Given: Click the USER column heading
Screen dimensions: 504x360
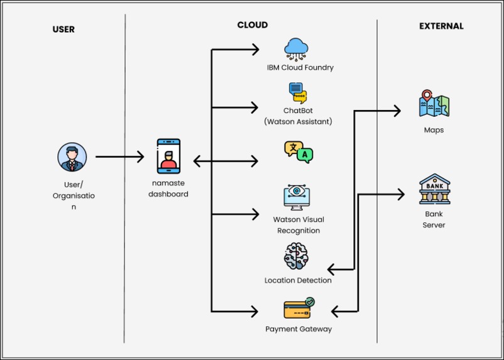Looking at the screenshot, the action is tap(63, 30).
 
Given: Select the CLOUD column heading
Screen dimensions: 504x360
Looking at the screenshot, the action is tap(253, 25).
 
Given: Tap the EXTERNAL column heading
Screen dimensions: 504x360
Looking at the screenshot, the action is tap(441, 26).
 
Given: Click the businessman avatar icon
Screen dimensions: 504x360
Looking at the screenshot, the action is tap(72, 157).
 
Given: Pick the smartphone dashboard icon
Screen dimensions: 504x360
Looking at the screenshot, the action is tap(168, 156).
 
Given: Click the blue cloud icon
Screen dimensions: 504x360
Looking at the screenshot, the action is tap(296, 49).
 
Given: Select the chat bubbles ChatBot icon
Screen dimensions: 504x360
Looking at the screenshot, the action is tap(298, 93).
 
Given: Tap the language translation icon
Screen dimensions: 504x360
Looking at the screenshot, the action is tap(299, 152).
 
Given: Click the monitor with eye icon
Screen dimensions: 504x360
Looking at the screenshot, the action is tap(297, 197).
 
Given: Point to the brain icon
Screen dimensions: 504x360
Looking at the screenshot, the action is tap(296, 256).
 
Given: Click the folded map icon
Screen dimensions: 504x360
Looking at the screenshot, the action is tap(434, 103).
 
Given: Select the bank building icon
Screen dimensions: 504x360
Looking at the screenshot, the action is tap(435, 189).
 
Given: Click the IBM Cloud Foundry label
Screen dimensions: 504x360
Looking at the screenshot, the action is tap(300, 67).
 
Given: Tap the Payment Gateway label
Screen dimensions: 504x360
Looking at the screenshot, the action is tap(299, 329).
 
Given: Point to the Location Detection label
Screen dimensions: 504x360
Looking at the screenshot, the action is tap(298, 280).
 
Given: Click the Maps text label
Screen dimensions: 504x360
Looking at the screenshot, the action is tap(434, 130).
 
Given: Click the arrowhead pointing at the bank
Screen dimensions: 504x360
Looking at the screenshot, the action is tap(401, 195).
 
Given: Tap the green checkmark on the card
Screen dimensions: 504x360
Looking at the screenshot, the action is tap(310, 302).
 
